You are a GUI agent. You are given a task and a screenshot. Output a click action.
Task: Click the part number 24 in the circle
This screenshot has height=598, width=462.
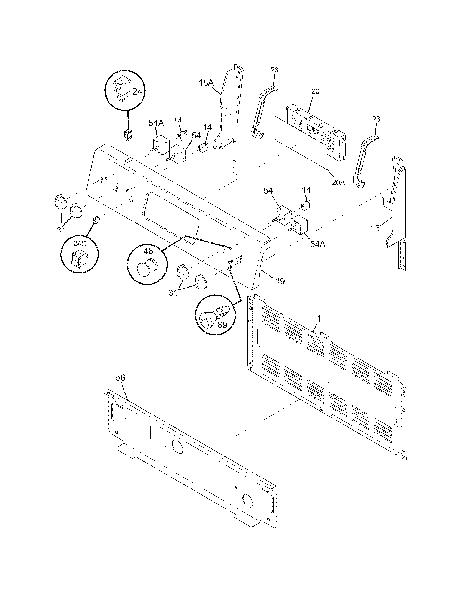tap(137, 92)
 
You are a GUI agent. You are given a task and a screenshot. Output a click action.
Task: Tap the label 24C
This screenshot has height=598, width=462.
tap(79, 244)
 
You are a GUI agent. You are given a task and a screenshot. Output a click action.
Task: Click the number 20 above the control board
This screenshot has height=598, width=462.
tap(315, 91)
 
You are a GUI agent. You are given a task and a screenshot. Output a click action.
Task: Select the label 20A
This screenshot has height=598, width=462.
tap(338, 182)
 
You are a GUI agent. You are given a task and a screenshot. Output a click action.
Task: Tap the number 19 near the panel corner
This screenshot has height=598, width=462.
tap(280, 281)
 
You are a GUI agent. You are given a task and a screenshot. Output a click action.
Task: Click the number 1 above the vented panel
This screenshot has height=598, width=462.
tap(319, 319)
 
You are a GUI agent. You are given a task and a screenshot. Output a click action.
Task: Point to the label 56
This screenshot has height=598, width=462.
tap(120, 378)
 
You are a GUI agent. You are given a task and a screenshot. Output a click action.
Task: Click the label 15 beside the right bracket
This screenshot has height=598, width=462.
tap(375, 228)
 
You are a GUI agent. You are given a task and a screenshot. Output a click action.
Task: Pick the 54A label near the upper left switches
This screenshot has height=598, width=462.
tap(156, 123)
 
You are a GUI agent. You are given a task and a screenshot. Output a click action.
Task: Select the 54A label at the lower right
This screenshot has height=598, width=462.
tap(318, 244)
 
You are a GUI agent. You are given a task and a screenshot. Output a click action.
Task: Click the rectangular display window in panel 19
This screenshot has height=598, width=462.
tap(170, 216)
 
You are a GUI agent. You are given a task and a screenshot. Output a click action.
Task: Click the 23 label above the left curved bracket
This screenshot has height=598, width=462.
tap(274, 70)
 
